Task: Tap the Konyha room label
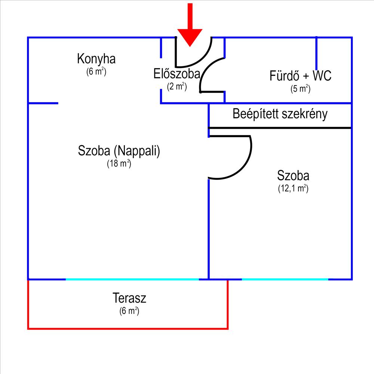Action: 96,59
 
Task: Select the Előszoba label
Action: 177,74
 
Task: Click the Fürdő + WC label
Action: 300,76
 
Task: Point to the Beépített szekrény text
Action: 280,114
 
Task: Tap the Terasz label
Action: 129,298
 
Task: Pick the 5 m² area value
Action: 300,89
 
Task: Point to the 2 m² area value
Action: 177,86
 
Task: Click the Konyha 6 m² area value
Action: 96,71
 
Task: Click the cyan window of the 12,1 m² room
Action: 285,279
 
